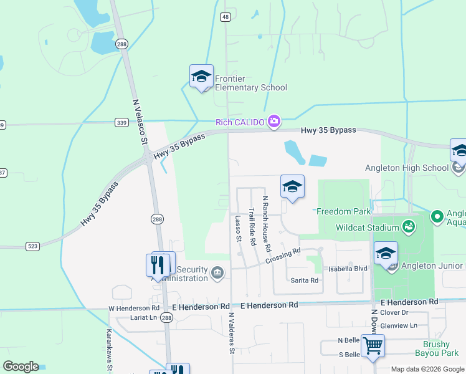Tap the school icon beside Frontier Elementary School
tap(201, 77)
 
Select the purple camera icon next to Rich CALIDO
tap(274, 121)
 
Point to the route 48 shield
tap(226, 17)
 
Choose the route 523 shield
tap(33, 247)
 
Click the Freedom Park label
tap(343, 211)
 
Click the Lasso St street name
tap(238, 229)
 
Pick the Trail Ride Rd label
tap(252, 226)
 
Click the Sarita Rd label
tap(305, 280)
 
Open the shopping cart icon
tap(373, 345)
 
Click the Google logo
tap(21, 367)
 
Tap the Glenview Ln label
tap(399, 325)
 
